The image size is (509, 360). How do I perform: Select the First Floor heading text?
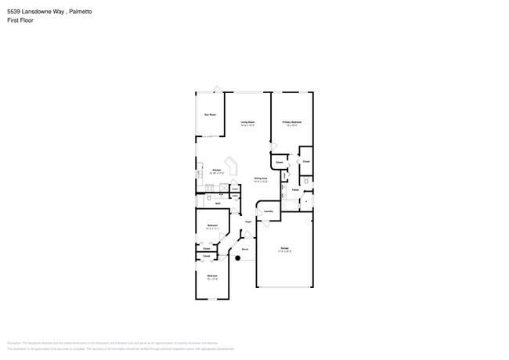20,20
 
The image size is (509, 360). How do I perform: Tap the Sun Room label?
210,115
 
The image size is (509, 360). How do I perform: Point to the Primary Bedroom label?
292,123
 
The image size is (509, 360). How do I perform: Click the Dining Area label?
261,179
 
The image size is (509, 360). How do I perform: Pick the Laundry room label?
268,211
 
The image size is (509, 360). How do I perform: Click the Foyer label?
248,222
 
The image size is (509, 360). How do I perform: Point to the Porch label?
245,250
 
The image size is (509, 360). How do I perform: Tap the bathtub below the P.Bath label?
306,203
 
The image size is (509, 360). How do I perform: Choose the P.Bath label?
295,189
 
